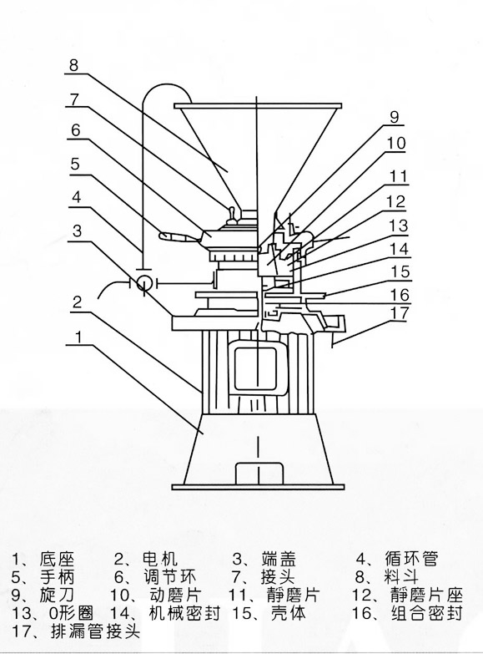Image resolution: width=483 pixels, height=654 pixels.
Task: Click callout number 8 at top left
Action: click(73, 65)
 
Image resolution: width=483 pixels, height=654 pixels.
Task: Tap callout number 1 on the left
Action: click(78, 337)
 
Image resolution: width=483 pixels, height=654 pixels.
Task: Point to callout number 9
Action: click(395, 117)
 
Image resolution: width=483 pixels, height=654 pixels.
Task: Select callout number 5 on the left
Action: click(75, 164)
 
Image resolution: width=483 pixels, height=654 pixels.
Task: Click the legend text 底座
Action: click(57, 560)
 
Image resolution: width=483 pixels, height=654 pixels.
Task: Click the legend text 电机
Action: click(160, 559)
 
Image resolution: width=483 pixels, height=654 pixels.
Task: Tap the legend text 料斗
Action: click(402, 577)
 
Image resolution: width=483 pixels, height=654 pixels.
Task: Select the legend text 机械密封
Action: click(184, 613)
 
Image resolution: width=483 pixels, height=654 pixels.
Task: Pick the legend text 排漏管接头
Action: click(95, 631)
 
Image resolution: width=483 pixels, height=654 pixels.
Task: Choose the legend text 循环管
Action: click(412, 559)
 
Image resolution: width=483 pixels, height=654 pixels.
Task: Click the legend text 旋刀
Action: click(57, 595)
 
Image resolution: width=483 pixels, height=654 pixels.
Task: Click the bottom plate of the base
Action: click(258, 487)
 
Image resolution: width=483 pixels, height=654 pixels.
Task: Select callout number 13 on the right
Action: click(399, 226)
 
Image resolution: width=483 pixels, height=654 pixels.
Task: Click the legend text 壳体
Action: click(289, 613)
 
